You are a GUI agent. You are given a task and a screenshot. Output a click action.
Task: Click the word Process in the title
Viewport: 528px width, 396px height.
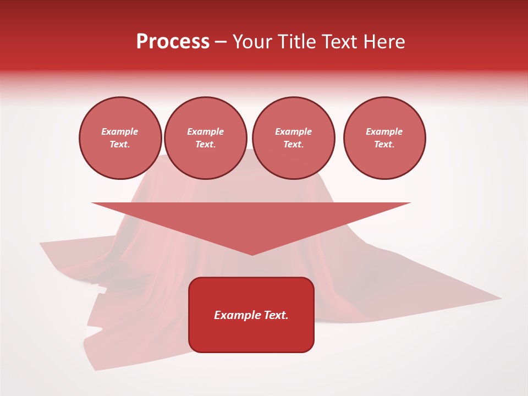[x=173, y=42]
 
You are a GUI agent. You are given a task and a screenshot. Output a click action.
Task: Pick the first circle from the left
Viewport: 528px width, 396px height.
[x=120, y=138]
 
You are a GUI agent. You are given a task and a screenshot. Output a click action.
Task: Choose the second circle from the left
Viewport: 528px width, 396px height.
[x=206, y=138]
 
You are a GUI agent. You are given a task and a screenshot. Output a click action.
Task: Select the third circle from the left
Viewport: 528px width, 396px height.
[x=293, y=138]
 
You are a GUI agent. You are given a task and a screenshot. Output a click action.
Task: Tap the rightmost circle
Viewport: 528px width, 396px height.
[x=384, y=138]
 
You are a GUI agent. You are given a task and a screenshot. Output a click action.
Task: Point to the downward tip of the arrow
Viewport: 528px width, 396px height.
[x=252, y=255]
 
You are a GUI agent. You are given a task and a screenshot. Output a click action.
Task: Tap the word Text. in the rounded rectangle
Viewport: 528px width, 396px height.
[x=276, y=315]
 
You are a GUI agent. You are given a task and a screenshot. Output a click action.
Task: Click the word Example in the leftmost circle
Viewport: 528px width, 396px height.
[x=120, y=131]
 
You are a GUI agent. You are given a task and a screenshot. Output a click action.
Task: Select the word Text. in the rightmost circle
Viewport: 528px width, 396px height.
[x=384, y=145]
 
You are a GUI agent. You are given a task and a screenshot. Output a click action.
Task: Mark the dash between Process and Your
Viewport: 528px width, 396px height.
[x=221, y=42]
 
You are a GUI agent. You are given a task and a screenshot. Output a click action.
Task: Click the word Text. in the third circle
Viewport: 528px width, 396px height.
[x=293, y=145]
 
